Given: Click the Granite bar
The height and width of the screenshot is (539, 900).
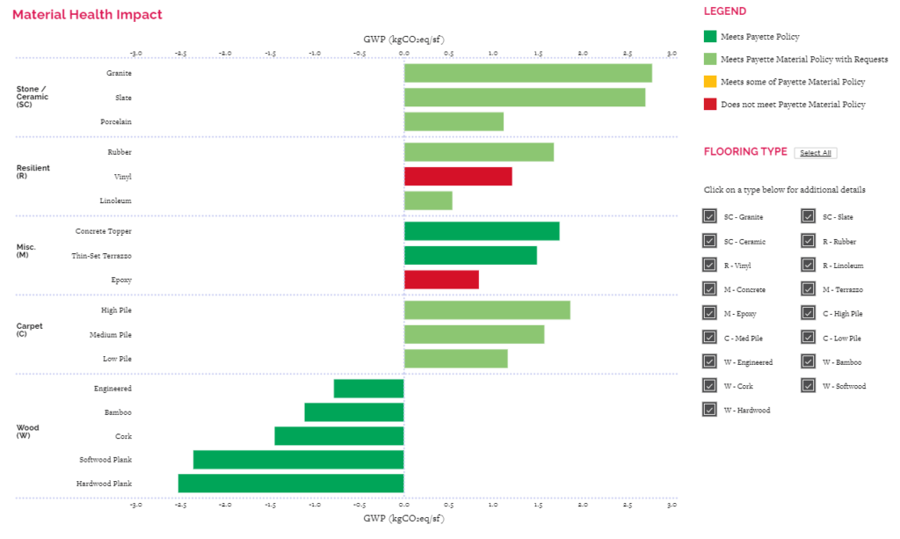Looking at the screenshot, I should (x=527, y=73).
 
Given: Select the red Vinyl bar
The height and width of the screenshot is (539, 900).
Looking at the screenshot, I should (x=458, y=177).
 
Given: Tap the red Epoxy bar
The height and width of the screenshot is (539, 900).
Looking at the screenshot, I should (x=441, y=280).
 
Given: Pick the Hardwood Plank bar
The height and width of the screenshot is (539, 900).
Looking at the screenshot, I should (x=291, y=484).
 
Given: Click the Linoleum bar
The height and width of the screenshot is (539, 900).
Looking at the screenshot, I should (x=428, y=200).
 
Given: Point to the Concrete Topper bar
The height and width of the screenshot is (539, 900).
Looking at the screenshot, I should (x=482, y=231).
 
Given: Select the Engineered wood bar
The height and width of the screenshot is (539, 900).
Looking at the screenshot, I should (x=368, y=389).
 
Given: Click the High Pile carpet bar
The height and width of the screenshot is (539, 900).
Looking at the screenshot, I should (x=487, y=310).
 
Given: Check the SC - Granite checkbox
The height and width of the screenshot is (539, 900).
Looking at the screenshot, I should (x=709, y=217).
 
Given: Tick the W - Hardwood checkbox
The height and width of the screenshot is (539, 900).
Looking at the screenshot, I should (x=709, y=410).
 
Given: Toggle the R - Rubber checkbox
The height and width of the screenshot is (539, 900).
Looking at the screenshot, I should (x=808, y=241).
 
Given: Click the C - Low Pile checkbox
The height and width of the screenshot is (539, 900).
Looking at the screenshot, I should (x=808, y=338).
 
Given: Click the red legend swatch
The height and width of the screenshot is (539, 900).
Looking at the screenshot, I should (x=710, y=105).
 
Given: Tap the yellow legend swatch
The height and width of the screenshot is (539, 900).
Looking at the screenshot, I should (x=710, y=82).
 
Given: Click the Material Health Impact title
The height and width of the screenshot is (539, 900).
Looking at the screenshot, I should (x=87, y=15).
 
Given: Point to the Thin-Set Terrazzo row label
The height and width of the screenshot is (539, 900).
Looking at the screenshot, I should (x=102, y=256).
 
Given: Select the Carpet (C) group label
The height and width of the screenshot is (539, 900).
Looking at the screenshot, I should (x=30, y=330).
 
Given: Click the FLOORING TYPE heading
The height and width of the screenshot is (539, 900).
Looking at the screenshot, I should (x=745, y=152).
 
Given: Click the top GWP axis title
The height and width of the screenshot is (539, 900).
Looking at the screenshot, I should (x=403, y=40).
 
